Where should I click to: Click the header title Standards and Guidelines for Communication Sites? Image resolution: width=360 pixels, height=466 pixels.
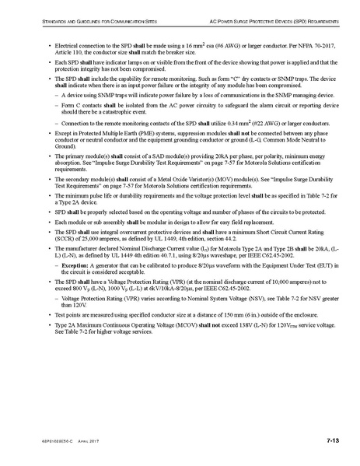(x=85, y=15)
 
